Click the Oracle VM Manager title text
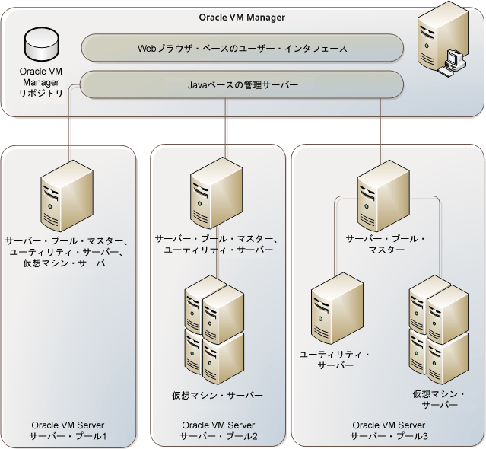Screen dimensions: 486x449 coord(242,18)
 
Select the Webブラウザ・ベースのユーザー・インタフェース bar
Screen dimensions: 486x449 coord(243,48)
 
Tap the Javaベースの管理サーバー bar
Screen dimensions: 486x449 coord(242,84)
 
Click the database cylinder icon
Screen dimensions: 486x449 coord(42,43)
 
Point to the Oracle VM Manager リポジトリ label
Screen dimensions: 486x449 coord(41,82)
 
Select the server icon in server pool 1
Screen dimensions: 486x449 coord(67,196)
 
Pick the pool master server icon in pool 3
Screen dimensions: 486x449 coord(383,196)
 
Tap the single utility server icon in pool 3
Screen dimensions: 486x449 coord(337,308)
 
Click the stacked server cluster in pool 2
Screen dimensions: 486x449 coord(214,330)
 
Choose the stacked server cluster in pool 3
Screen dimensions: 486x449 coord(439,330)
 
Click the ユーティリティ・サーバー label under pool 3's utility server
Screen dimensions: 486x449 coord(335,360)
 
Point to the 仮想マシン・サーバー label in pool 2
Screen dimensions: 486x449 coord(218,396)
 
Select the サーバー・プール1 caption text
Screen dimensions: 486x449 coord(68,436)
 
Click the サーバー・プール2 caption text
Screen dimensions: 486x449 coord(218,436)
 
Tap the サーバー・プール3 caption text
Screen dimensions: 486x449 coord(389,436)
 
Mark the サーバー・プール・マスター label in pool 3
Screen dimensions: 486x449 coord(386,244)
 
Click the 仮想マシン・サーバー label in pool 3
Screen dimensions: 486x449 coord(439,400)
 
